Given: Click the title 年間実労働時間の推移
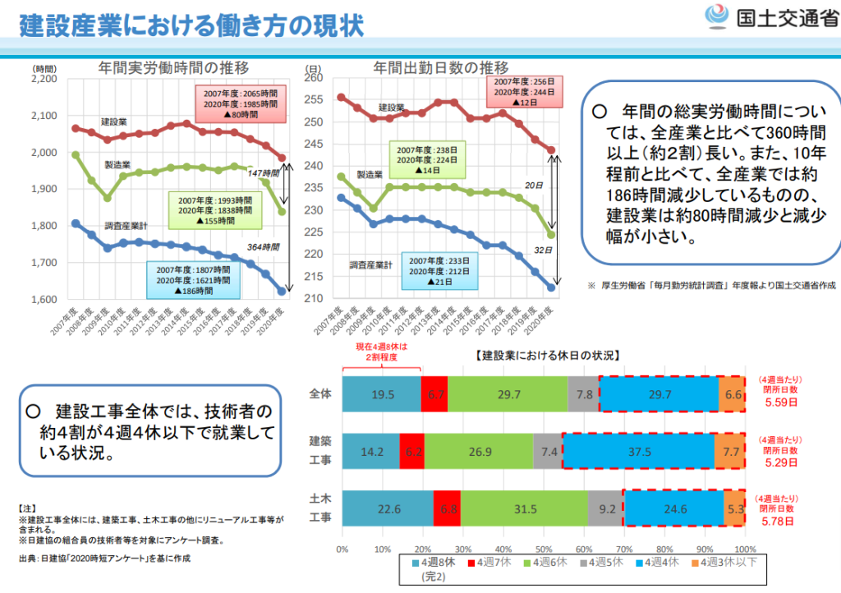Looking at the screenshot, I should coord(173,67).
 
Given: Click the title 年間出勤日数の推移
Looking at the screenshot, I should coord(441,67).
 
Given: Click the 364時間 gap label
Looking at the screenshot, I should coord(264,246).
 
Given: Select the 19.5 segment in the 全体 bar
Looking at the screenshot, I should coord(382,394).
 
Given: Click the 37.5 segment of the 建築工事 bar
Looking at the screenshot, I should coord(638,451).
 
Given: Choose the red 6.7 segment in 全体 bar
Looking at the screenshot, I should coord(434,394).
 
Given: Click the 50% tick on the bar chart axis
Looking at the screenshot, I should coord(543,548).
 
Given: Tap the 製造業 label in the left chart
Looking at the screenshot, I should coord(119,165).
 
